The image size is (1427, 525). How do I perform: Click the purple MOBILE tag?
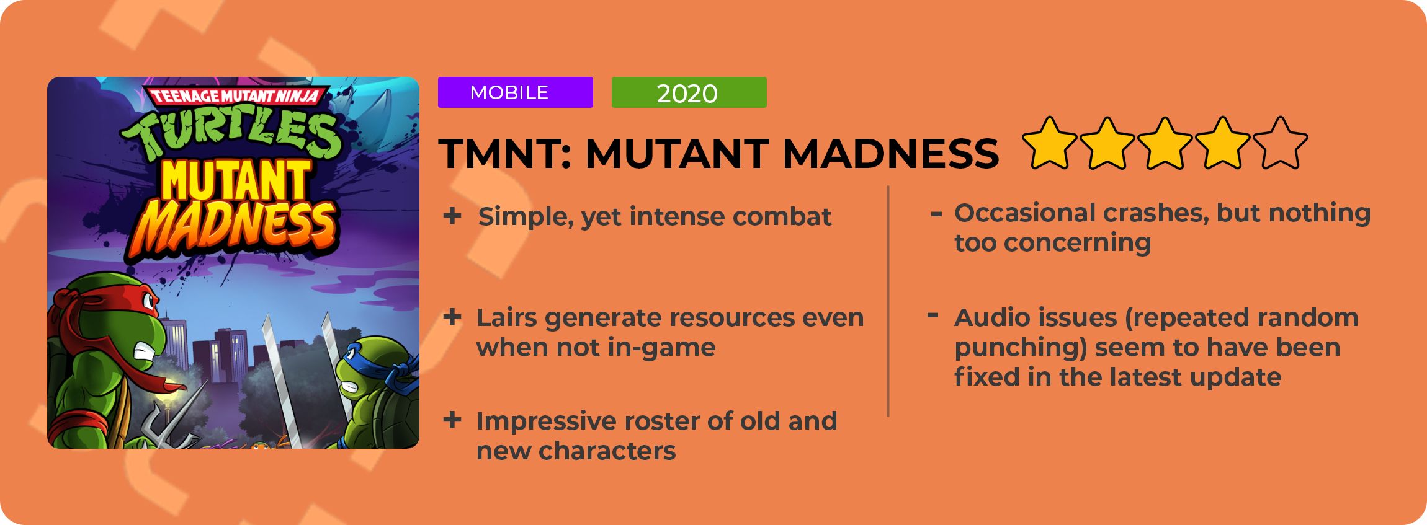[515, 92]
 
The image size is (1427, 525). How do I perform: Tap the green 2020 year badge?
[689, 92]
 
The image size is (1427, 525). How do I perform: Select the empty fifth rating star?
[1281, 143]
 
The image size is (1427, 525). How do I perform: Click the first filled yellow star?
[1050, 143]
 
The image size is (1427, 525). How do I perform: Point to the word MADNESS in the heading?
[890, 153]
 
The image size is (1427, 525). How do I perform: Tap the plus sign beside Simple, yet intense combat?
[452, 216]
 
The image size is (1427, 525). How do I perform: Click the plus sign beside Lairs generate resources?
[452, 317]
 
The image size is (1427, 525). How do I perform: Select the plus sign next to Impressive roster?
[452, 420]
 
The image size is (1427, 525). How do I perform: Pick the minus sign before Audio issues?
[933, 316]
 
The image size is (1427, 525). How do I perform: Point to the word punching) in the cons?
[1021, 348]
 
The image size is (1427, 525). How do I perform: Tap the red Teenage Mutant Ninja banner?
[236, 95]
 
